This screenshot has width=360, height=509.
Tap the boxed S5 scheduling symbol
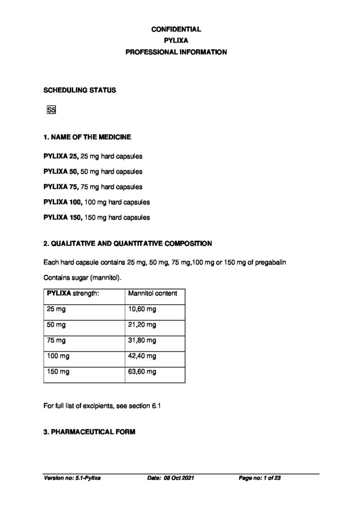[51, 110]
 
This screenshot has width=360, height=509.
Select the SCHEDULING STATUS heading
[80, 90]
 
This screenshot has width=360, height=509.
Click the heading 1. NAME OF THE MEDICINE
[88, 136]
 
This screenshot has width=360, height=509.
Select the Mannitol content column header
[153, 293]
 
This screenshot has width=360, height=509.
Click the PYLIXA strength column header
[73, 293]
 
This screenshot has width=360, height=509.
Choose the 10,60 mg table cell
[142, 309]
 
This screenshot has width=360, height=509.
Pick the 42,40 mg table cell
[142, 356]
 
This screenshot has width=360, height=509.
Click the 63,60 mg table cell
[142, 371]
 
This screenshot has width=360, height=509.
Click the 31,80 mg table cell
[142, 340]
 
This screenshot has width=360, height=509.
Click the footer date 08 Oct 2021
[177, 478]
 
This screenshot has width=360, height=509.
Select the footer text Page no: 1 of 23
[260, 478]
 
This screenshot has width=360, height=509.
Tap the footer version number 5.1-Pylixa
[88, 478]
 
